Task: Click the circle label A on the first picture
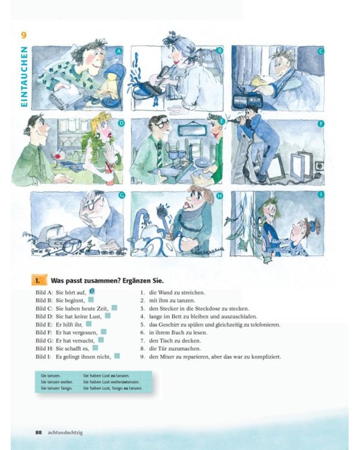pos(119,52)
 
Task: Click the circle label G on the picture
pos(122,195)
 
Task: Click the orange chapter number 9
pos(24,35)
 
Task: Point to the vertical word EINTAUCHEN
pos(24,78)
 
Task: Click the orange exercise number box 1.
pos(38,280)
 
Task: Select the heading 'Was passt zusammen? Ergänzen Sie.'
pos(107,280)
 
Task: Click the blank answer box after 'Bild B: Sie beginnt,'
pos(91,299)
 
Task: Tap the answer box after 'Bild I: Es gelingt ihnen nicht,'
pos(117,356)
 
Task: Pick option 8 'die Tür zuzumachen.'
pos(175,348)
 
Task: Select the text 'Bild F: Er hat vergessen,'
pos(66,332)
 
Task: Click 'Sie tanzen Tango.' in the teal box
pos(56,388)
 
